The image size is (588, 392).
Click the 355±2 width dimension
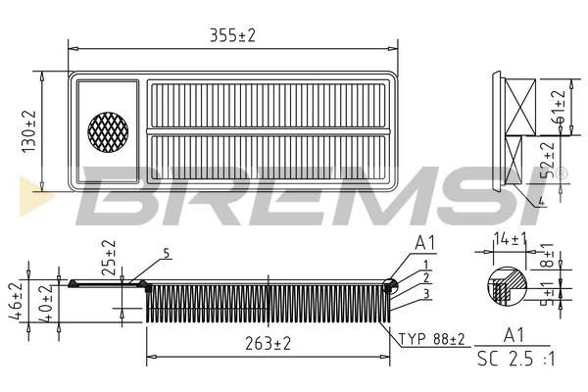click(232, 34)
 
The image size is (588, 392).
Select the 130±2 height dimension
click(28, 129)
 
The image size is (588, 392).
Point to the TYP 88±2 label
click(431, 339)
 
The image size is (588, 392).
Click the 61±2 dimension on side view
click(559, 104)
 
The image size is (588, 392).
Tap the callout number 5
click(167, 253)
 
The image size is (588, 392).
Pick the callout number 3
click(427, 293)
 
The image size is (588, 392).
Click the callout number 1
click(427, 264)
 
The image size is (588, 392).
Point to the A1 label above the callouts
click(425, 243)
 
